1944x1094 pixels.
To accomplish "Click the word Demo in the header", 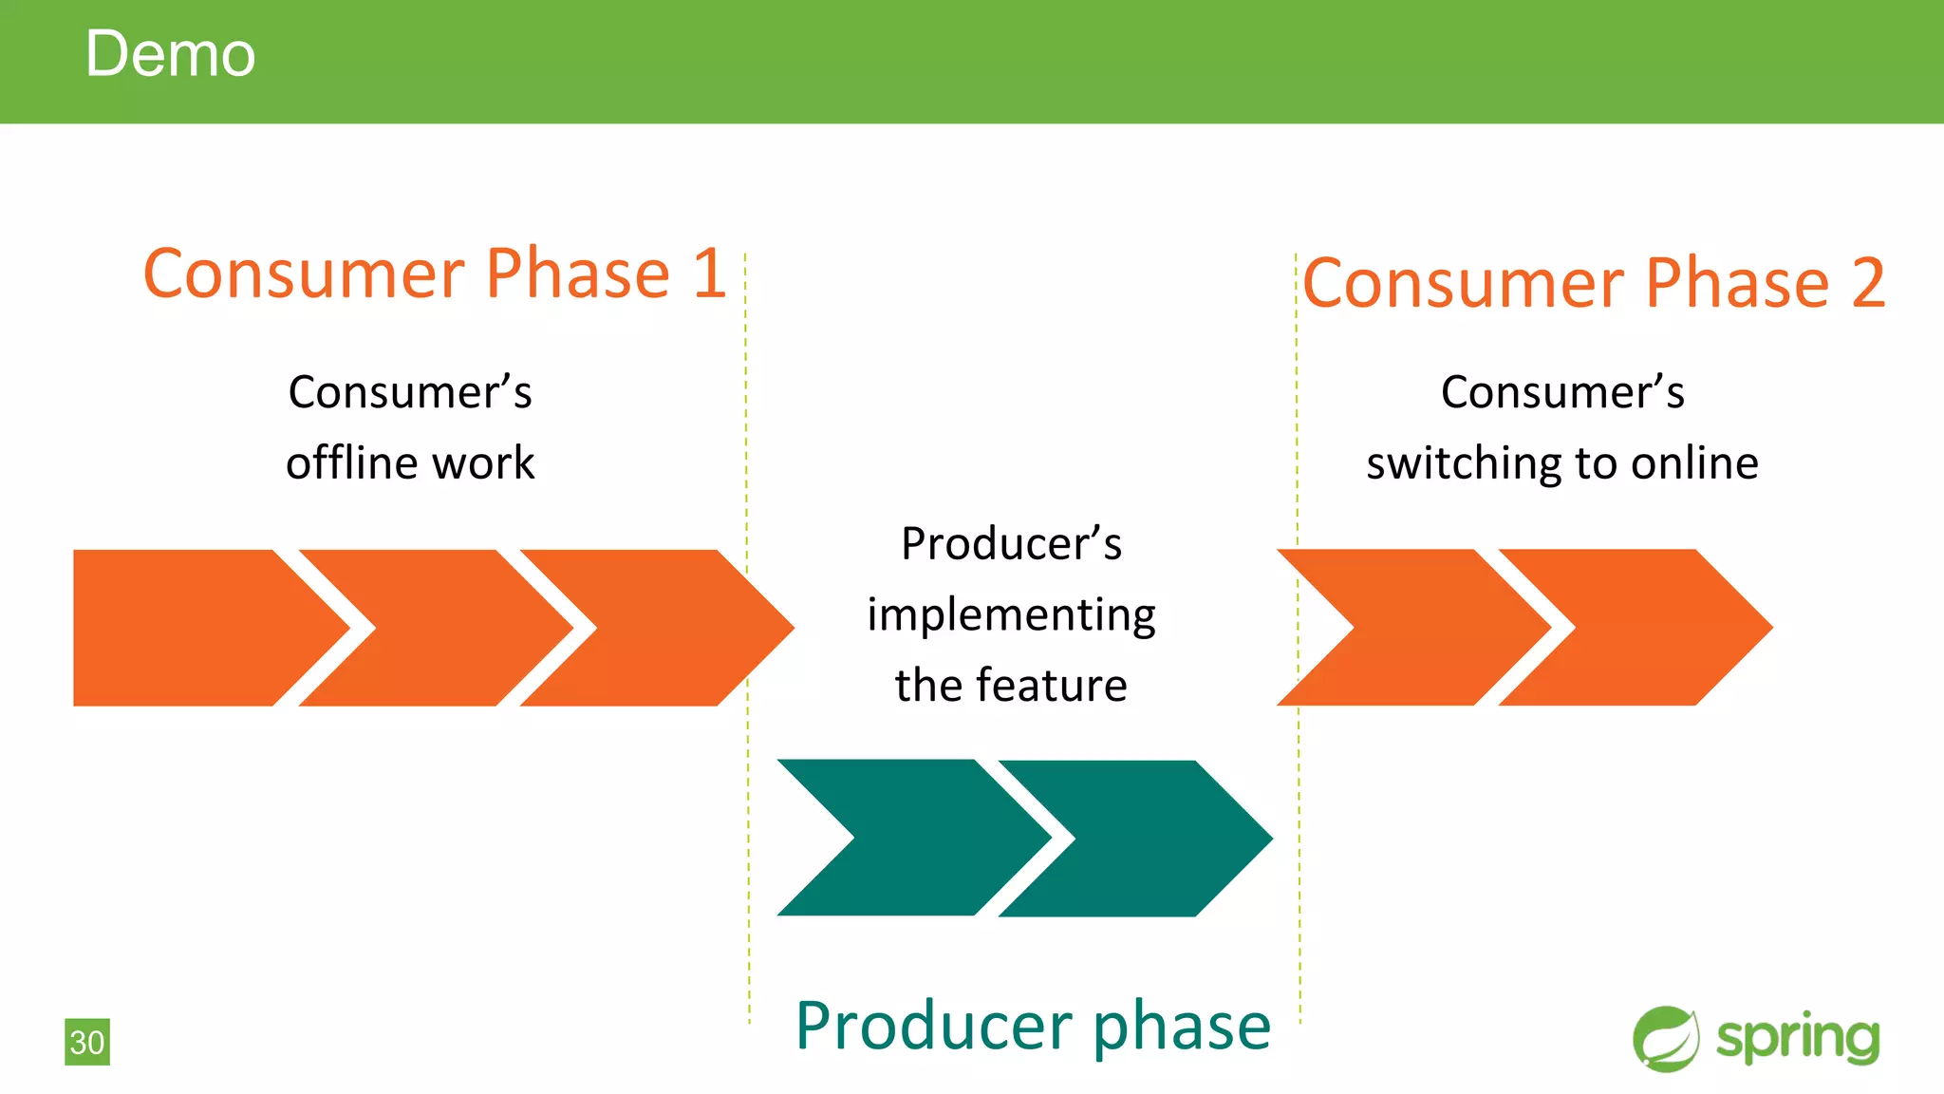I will [170, 54].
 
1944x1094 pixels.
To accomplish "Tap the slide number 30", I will [87, 1042].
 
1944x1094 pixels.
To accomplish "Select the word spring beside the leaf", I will [1798, 1039].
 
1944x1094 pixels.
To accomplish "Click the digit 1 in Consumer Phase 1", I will [708, 274].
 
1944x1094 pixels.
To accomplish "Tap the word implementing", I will [1011, 615].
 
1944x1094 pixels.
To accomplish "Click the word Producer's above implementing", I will [1011, 544].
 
